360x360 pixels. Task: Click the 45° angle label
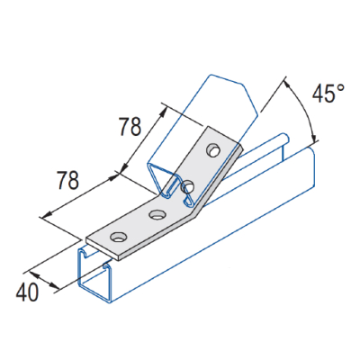327,93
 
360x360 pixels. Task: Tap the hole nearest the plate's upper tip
212,148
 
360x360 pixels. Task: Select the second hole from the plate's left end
157,215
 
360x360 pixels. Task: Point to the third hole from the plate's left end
188,186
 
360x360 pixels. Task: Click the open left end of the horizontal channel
94,278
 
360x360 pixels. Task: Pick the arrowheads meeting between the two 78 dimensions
121,168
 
